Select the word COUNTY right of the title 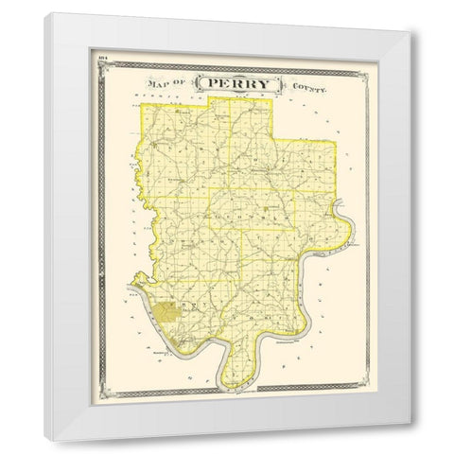click(308, 86)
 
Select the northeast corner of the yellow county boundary click(336, 143)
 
